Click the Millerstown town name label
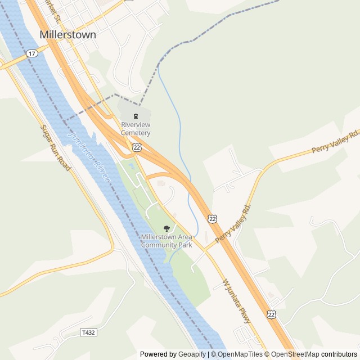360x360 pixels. pyautogui.click(x=67, y=34)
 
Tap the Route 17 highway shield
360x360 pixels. pyautogui.click(x=31, y=53)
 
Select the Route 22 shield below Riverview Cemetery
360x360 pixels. pyautogui.click(x=137, y=147)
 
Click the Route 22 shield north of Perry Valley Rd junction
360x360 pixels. pyautogui.click(x=212, y=218)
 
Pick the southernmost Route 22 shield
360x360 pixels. pyautogui.click(x=272, y=313)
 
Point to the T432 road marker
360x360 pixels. pyautogui.click(x=88, y=332)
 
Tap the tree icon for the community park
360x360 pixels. pyautogui.click(x=166, y=228)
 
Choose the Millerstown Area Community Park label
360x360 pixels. pyautogui.click(x=166, y=241)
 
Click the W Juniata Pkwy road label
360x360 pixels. pyautogui.click(x=237, y=301)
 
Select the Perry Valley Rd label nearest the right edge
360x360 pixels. pyautogui.click(x=335, y=142)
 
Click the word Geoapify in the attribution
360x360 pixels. pyautogui.click(x=192, y=354)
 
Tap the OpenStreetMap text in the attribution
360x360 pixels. pyautogui.click(x=295, y=354)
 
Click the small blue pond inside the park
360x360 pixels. pyautogui.click(x=132, y=166)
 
